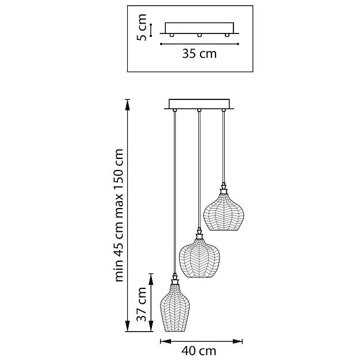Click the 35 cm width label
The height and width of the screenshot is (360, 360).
(x=199, y=54)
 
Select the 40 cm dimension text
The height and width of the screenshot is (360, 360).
(x=199, y=350)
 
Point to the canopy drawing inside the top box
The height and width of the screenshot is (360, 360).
(x=199, y=28)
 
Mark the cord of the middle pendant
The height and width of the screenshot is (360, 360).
(x=199, y=168)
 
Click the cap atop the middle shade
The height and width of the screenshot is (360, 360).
(x=199, y=233)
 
